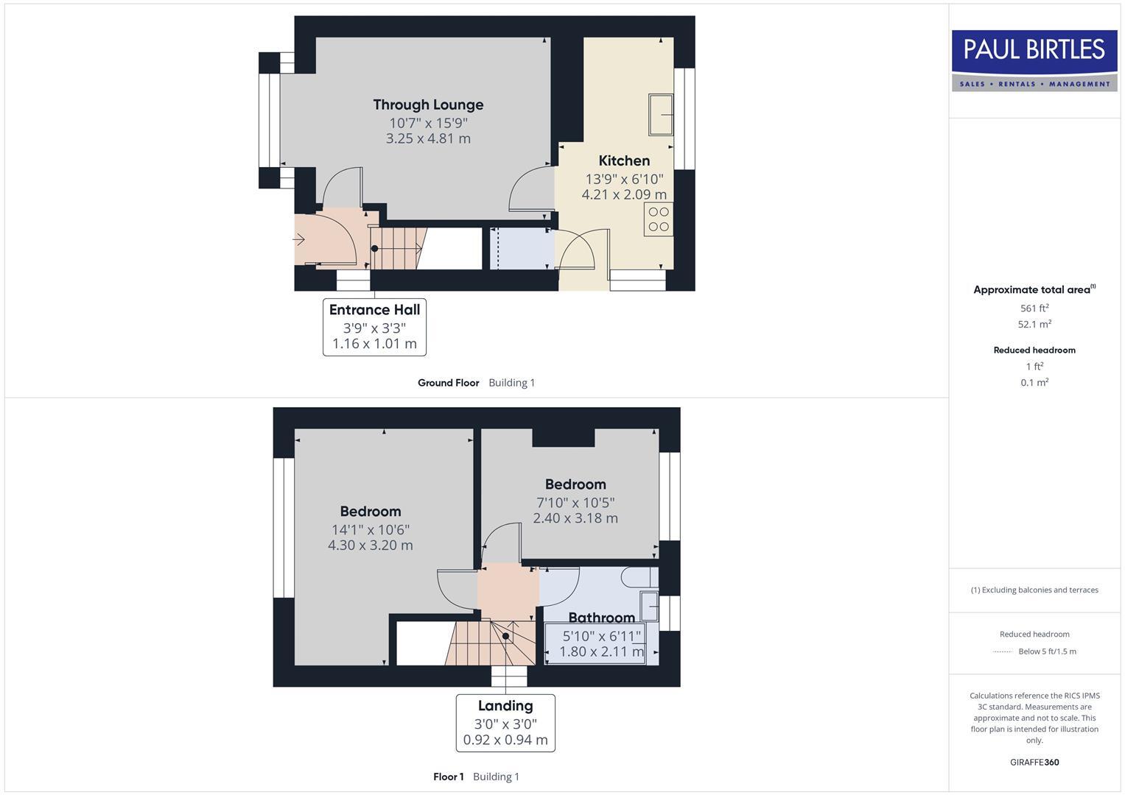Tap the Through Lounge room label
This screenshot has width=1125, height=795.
(428, 105)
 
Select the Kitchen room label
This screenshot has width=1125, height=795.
(624, 160)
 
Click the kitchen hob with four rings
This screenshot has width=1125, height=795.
(659, 219)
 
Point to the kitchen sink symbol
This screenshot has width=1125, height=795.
(661, 115)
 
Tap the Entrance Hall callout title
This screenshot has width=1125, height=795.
(374, 310)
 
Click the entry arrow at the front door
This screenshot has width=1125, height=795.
(299, 239)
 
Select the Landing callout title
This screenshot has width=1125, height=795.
(505, 706)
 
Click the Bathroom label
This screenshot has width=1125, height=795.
(601, 618)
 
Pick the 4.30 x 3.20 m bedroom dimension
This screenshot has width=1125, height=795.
(370, 545)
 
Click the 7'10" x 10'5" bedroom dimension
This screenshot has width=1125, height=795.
(575, 503)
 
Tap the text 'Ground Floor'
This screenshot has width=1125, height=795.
(448, 383)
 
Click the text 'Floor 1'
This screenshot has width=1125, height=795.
(448, 777)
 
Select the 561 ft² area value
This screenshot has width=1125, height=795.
(1034, 308)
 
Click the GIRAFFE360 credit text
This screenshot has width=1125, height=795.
(1034, 763)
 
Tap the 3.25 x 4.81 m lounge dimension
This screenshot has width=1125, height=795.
(428, 138)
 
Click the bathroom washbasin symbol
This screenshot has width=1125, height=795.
(649, 606)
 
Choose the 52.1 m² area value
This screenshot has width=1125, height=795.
(1034, 324)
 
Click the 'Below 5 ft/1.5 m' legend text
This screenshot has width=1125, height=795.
(1047, 651)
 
